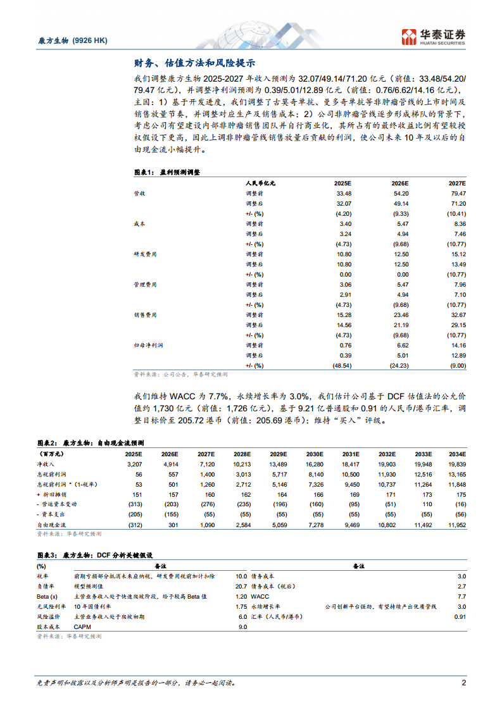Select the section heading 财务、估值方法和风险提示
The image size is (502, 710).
coord(194,63)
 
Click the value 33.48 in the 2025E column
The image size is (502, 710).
coord(343,193)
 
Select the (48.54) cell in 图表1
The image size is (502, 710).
coord(341,365)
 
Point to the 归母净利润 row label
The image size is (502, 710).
coord(146,345)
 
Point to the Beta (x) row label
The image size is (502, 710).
coord(47,596)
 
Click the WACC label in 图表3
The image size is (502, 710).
coord(260,596)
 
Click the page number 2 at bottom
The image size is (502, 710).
coord(463,683)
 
